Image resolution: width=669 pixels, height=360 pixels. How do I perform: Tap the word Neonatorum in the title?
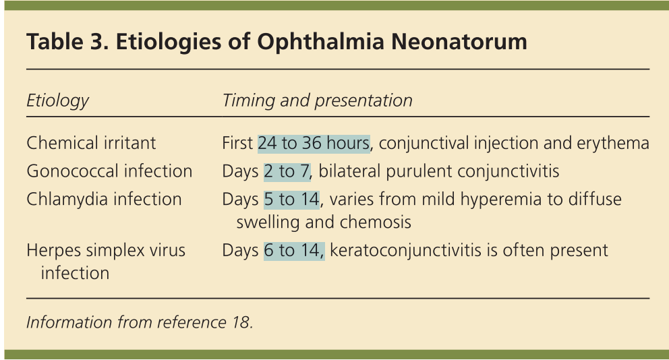pos(459,41)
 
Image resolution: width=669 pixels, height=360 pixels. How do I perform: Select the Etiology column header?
pos(57,101)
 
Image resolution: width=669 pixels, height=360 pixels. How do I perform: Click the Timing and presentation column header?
pos(318,100)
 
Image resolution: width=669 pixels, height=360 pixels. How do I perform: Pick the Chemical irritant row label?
pos(91,143)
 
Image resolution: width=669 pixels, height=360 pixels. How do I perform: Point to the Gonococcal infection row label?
pos(109,171)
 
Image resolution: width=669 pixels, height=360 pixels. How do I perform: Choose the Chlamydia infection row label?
pos(104,199)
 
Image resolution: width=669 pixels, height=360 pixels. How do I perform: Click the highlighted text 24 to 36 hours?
pos(314,144)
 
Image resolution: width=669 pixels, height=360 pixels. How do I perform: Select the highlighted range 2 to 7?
pos(287,171)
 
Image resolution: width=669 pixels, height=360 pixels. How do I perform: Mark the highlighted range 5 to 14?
pos(292,199)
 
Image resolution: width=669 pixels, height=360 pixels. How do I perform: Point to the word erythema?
pos(613,144)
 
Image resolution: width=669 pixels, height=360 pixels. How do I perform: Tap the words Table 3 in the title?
pos(67,42)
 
